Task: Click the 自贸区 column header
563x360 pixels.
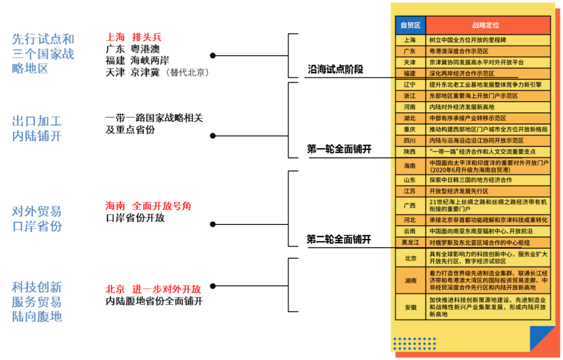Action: (x=410, y=25)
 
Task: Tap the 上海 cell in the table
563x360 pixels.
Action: (x=410, y=40)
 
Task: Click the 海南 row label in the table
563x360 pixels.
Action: (x=410, y=166)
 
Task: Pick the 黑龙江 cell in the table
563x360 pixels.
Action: (x=410, y=242)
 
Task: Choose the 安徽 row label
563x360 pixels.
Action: (x=410, y=307)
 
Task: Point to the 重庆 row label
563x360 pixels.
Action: (x=410, y=129)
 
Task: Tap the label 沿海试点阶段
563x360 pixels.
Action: (x=335, y=69)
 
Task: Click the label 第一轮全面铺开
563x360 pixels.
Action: (x=339, y=149)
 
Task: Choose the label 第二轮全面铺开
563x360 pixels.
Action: (x=339, y=239)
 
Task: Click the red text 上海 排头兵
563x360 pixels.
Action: (x=133, y=37)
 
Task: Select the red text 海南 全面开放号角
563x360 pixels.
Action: (x=148, y=206)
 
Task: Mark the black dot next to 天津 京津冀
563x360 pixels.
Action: (x=212, y=55)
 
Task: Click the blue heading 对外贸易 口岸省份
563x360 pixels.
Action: (x=36, y=219)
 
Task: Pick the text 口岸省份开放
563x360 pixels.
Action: (x=135, y=218)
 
